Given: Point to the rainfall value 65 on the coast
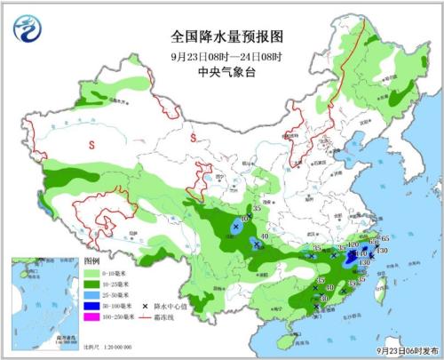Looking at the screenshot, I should pos(385,239).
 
